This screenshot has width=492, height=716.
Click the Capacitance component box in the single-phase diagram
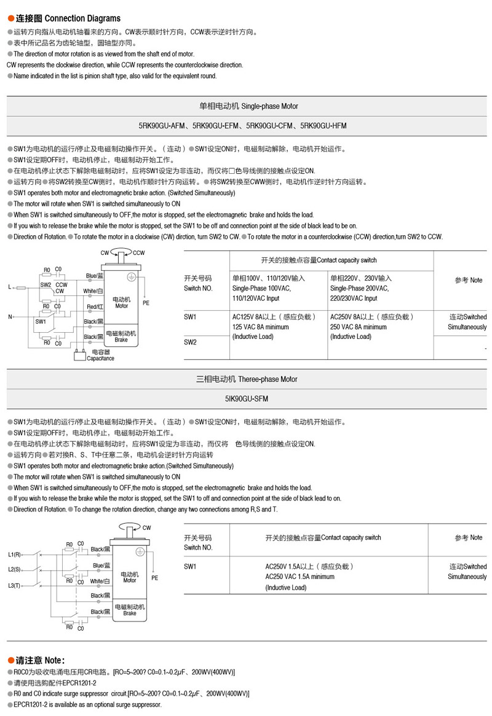pyautogui.click(x=79, y=352)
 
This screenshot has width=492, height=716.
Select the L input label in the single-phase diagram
pyautogui.click(x=9, y=287)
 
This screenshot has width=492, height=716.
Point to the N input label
pyautogui.click(x=9, y=317)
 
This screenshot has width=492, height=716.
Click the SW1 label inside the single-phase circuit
pyautogui.click(x=41, y=321)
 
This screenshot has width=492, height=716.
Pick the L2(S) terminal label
pyautogui.click(x=15, y=569)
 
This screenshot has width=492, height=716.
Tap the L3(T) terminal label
pyautogui.click(x=15, y=585)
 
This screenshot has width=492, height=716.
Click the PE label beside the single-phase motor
pyautogui.click(x=146, y=303)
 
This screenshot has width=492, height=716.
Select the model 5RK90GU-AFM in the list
pyautogui.click(x=164, y=126)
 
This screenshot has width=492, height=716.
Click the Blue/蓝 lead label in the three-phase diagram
pyautogui.click(x=101, y=566)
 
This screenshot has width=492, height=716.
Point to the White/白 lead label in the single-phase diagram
pyautogui.click(x=93, y=291)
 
